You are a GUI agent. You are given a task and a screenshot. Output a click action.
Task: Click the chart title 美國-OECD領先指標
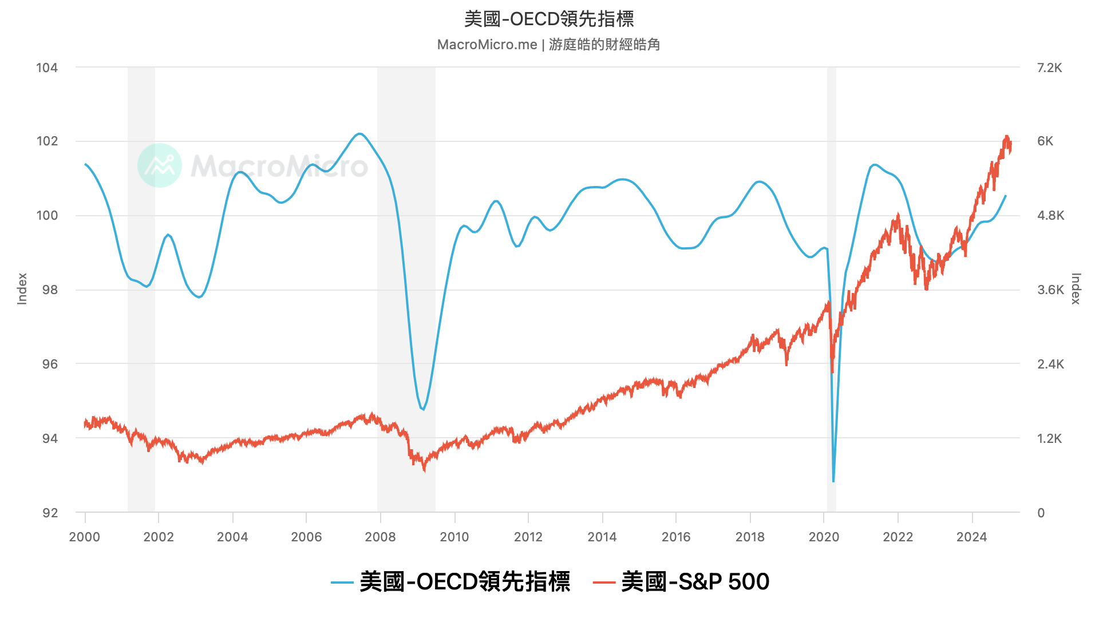(x=549, y=19)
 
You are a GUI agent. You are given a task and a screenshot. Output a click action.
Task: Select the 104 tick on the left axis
(x=47, y=68)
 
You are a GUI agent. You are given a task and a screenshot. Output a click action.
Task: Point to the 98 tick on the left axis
(x=50, y=290)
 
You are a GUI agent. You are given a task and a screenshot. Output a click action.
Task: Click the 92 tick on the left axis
(x=50, y=513)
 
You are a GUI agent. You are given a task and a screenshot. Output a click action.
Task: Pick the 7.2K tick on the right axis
(x=1049, y=68)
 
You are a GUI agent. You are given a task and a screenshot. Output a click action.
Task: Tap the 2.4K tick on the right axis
(x=1050, y=364)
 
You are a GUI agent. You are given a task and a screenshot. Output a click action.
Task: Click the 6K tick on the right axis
(x=1045, y=141)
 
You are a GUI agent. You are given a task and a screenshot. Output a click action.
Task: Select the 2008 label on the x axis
(x=380, y=537)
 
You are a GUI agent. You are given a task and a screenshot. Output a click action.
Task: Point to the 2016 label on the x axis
(x=676, y=537)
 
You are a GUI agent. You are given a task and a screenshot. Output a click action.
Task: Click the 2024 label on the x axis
(x=971, y=537)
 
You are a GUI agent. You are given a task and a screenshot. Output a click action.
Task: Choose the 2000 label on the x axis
(x=85, y=537)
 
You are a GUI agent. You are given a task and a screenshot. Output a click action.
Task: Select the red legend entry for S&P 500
(x=681, y=582)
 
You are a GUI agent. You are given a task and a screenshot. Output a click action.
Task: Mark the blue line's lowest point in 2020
(x=833, y=481)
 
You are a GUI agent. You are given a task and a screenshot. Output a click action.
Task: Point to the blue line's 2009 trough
(x=423, y=410)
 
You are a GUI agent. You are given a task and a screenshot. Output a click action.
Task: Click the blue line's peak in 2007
(x=359, y=133)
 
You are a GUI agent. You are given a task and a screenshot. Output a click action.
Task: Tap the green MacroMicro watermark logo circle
(x=160, y=165)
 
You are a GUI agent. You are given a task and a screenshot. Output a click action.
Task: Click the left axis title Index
(x=22, y=288)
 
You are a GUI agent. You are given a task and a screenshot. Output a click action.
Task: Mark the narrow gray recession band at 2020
(x=831, y=286)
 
